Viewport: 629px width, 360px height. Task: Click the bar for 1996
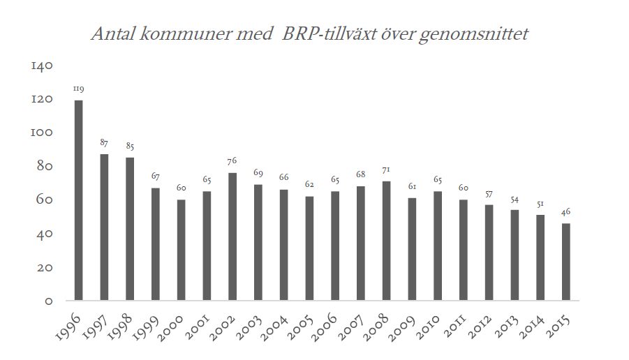79,201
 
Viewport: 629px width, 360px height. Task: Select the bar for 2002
232,237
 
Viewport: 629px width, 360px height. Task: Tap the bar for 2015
566,262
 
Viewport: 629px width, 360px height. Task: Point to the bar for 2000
182,250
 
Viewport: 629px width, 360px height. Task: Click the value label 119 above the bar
79,89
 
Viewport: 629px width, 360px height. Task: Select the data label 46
566,212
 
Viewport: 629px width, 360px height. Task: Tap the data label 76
232,162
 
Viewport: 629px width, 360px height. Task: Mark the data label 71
387,170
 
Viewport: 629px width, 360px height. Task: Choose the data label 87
105,143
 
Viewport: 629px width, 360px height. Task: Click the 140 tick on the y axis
42,66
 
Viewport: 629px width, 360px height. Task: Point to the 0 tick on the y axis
49,301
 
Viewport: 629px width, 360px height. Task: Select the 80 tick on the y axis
44,167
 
